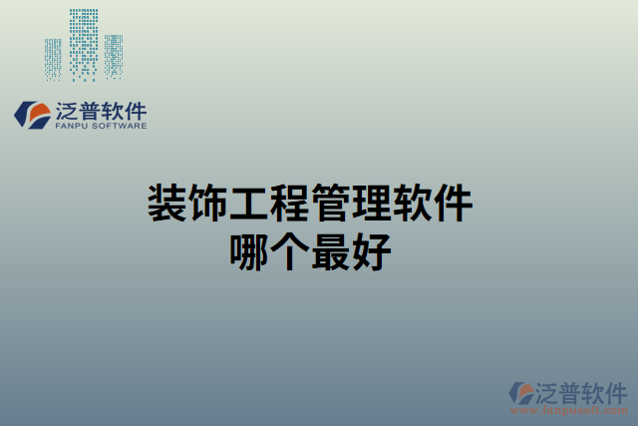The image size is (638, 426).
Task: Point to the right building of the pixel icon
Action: pos(115,57)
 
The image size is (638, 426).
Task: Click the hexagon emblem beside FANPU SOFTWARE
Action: pos(32,116)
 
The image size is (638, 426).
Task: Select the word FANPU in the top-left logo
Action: pos(72,127)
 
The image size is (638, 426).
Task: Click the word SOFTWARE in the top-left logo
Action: pos(120,127)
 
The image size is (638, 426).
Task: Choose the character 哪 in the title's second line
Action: pos(249,249)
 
